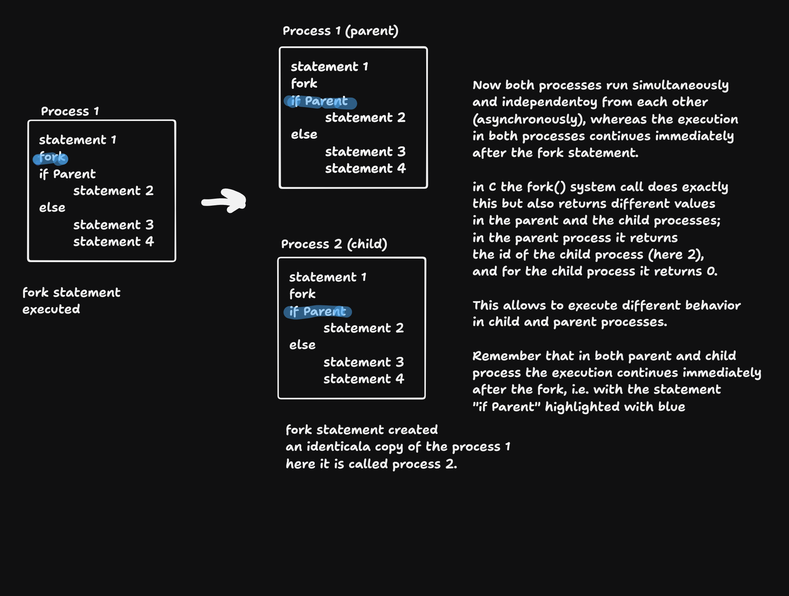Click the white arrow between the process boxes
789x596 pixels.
tap(224, 201)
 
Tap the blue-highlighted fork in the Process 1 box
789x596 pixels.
tap(50, 158)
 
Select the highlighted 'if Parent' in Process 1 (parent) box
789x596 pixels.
tap(320, 102)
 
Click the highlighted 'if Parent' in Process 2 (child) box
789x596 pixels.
tap(318, 312)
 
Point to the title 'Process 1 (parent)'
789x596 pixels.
tap(340, 31)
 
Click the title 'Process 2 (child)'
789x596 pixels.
tap(334, 244)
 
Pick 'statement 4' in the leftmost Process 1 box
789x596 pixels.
tap(114, 242)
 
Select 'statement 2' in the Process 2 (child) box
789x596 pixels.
tap(364, 328)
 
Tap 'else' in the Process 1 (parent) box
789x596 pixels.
tap(304, 135)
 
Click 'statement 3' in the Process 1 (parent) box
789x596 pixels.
tap(365, 152)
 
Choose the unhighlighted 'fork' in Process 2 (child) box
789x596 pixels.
tap(303, 294)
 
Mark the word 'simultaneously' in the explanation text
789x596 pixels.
tap(680, 86)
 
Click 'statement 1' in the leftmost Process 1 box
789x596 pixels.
tap(78, 140)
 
